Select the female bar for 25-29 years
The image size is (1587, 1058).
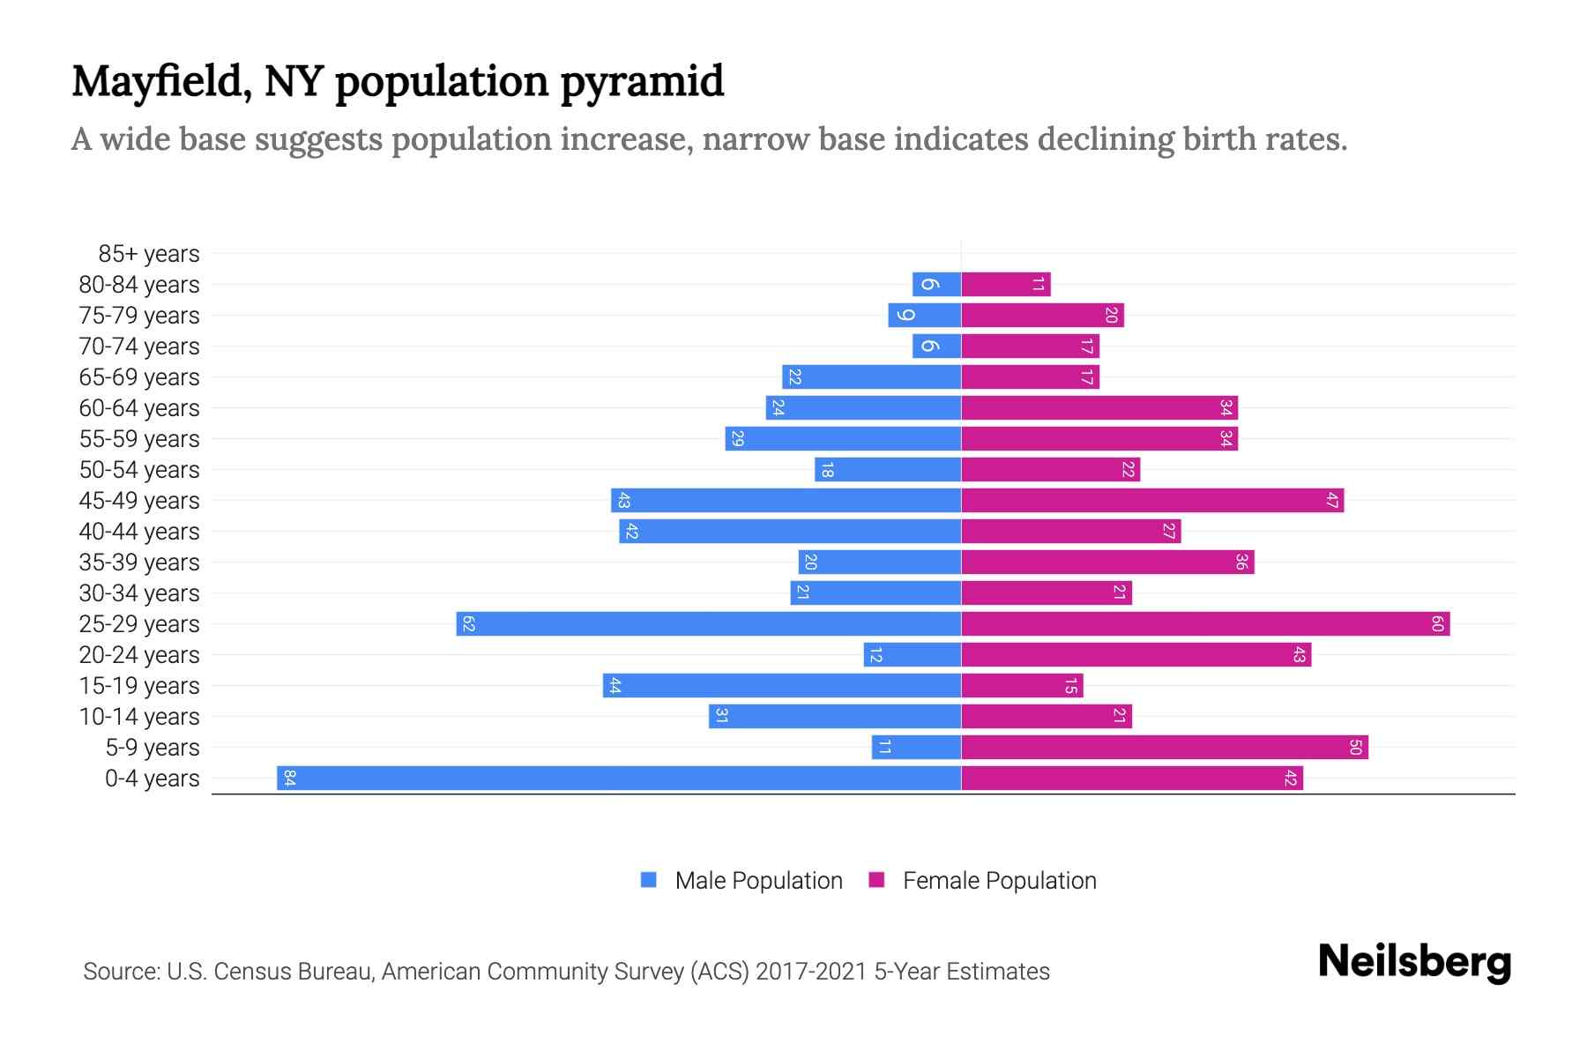tap(1205, 623)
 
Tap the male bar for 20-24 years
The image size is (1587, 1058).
tap(913, 654)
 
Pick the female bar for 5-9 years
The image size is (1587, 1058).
tap(1164, 747)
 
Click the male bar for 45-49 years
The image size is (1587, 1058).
tap(786, 500)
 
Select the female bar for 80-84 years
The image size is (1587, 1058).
tap(1005, 284)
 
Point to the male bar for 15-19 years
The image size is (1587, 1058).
tap(782, 685)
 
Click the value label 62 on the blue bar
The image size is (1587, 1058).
tap(468, 624)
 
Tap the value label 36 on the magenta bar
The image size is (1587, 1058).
tap(1241, 563)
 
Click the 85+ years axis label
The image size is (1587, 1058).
tap(149, 254)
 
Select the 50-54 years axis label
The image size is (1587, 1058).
tap(139, 470)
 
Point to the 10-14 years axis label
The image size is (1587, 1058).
tap(139, 717)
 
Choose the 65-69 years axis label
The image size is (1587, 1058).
tap(139, 377)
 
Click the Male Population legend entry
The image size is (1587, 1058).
tap(757, 880)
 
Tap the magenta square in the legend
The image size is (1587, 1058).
tap(876, 880)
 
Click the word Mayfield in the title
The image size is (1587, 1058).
tap(155, 82)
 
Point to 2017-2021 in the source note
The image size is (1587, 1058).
tap(811, 972)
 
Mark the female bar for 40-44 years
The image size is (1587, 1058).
tap(1070, 531)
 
